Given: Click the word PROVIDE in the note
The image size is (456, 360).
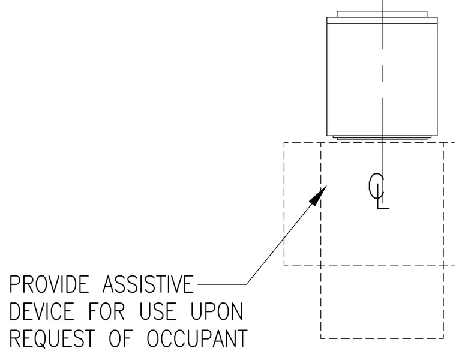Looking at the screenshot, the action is point(49,284).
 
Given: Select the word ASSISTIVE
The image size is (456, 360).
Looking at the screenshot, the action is point(148,284).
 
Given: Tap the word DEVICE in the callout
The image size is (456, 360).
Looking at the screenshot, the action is point(42,311).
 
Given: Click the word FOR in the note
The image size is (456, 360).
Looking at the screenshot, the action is point(106,311).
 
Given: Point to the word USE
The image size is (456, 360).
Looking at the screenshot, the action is point(158,311).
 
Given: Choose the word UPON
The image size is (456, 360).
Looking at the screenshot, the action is point(217,311).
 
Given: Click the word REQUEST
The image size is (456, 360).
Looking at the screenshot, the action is point(52,338).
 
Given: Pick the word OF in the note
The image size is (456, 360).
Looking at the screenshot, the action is point(120,338).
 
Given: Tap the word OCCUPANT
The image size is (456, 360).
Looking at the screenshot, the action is point(197,338).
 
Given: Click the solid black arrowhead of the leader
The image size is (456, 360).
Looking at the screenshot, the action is point(319,195).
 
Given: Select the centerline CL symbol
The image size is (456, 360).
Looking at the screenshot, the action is point(379,191).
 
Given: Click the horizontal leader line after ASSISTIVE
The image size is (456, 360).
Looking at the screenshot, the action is point(222,284).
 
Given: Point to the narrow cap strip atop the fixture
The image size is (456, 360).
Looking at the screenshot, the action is point(382,14).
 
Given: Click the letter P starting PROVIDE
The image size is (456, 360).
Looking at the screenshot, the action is point(14,284).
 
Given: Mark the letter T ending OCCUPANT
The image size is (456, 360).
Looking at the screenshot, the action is point(242,338).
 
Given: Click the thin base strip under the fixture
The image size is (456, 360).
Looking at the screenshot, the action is point(382,138).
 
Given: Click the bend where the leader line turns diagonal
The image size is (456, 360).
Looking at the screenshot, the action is point(247,284).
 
